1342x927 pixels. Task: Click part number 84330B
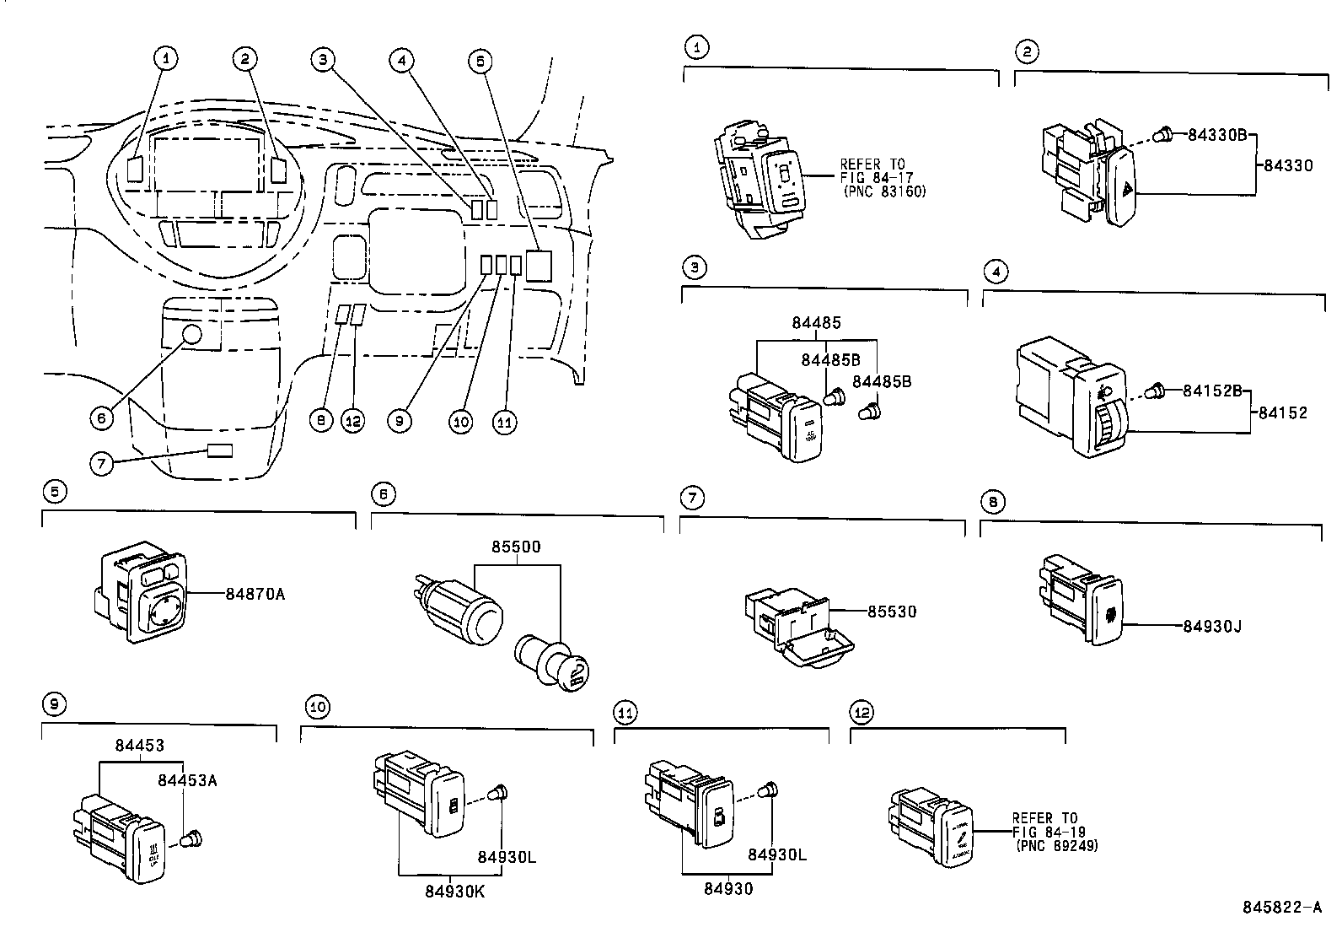[1216, 134]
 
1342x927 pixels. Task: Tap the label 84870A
[255, 594]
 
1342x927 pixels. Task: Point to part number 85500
[516, 547]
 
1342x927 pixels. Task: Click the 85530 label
[892, 611]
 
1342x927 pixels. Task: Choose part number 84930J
[1212, 626]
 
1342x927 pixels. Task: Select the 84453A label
[187, 780]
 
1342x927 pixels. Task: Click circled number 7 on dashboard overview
[100, 463]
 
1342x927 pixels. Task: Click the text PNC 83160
[884, 191]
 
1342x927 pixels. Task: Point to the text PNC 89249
[1057, 845]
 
